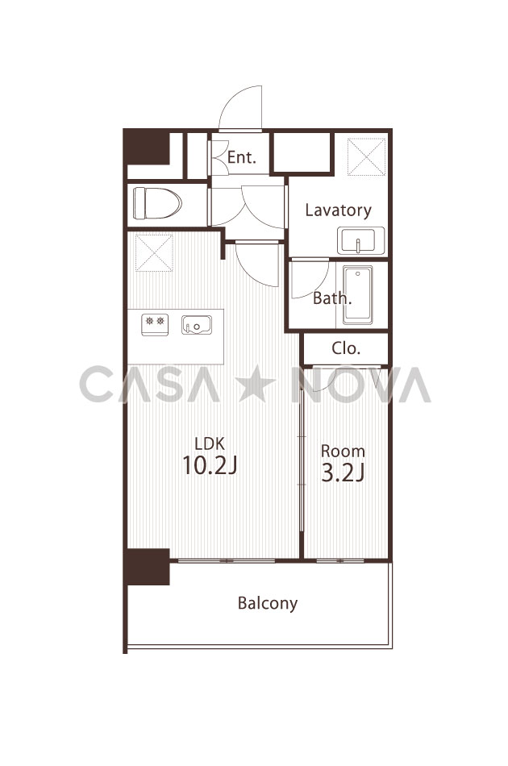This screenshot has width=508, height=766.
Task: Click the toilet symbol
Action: click(x=157, y=203)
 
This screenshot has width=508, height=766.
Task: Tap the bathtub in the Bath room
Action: click(x=357, y=294)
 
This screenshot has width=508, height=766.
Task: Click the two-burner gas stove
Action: click(x=155, y=324)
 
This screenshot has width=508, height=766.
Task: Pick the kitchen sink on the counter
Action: click(x=197, y=325)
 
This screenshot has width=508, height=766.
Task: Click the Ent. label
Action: click(x=242, y=157)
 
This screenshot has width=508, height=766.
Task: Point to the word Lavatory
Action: click(x=338, y=210)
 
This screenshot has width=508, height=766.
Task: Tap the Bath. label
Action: click(x=332, y=298)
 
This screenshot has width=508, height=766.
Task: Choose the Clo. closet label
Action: click(x=346, y=348)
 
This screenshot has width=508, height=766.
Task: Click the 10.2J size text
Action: click(x=210, y=465)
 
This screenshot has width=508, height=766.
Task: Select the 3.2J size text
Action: click(x=343, y=473)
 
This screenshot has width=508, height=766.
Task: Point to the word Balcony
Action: click(x=268, y=603)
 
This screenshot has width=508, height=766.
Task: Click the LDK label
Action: click(x=210, y=443)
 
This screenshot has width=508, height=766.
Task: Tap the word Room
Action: click(x=343, y=451)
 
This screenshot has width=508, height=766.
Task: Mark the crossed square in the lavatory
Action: click(x=366, y=156)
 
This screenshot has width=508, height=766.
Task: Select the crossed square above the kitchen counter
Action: click(x=154, y=252)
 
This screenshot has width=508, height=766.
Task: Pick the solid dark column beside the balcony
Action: click(x=148, y=567)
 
